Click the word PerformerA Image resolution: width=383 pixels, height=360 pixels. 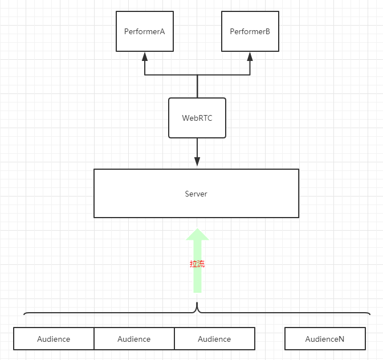coord(145,31)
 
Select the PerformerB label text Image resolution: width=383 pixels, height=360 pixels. coord(250,31)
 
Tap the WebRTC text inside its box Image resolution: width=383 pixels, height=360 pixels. coord(197,118)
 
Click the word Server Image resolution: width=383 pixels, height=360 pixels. coord(196,194)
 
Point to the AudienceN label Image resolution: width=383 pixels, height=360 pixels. coord(325,339)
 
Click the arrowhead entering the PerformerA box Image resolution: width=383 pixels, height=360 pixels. coord(145,56)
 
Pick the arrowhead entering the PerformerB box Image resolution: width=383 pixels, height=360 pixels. coord(250,56)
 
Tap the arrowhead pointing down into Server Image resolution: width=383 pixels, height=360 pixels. coord(197,162)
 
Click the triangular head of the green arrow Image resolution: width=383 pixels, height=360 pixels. coord(197,234)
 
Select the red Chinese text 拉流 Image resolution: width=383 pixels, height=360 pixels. coord(197,264)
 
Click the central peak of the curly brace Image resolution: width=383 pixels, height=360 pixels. coord(197,303)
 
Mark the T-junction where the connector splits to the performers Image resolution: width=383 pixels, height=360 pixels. coord(197,75)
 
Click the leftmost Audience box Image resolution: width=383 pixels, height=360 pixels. coord(54,339)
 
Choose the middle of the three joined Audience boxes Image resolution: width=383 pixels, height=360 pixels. coord(134,339)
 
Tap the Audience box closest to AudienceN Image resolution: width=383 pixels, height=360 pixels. coord(214,339)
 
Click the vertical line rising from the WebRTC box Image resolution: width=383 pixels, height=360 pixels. coord(197,87)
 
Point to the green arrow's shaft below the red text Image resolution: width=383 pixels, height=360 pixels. coord(197,280)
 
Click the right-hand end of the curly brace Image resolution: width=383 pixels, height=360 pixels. coord(370,314)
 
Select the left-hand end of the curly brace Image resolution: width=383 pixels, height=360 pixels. coord(24,314)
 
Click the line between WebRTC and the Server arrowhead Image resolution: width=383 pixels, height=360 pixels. coord(197,148)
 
